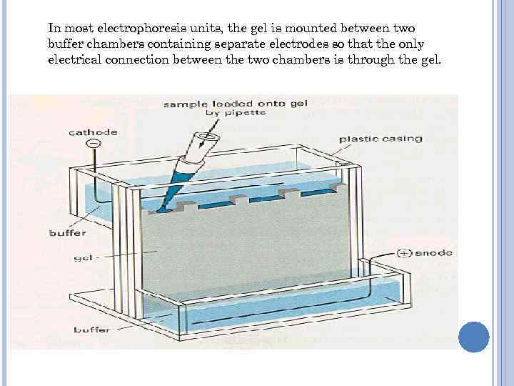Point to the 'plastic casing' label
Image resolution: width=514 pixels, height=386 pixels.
click(x=380, y=139)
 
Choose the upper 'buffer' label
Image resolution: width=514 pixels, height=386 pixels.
click(x=67, y=232)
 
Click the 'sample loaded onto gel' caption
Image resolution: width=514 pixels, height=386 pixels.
click(x=236, y=104)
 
